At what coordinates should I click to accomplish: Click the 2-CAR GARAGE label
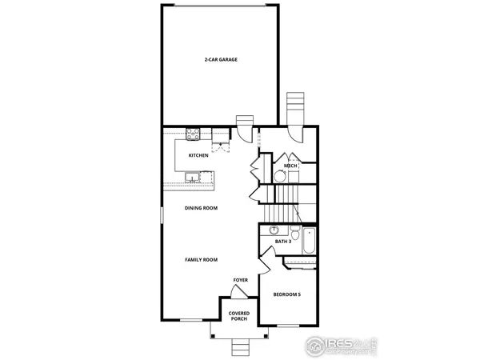coord(220,59)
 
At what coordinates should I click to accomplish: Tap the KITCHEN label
coord(198,155)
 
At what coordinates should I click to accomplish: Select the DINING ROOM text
coord(202,208)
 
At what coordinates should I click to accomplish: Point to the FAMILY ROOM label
coord(202,260)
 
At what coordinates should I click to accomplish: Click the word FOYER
coord(240,280)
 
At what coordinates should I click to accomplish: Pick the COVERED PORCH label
coord(238,316)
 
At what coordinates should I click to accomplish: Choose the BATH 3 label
coord(282,241)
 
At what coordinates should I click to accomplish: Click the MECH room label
coord(290,166)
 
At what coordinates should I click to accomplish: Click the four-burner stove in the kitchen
coord(192,134)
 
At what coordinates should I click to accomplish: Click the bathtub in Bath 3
coord(310,238)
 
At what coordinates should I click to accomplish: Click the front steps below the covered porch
coord(238,346)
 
